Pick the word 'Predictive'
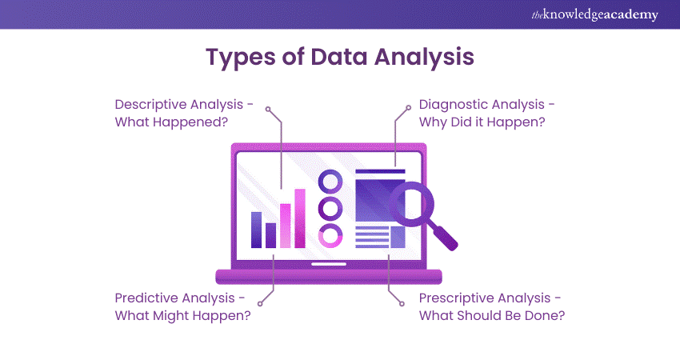coord(153,298)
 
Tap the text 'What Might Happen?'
coord(182,315)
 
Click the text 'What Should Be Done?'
coord(492,315)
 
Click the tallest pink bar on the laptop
coord(300,218)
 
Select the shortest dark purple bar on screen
coord(270,235)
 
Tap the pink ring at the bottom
coord(330,235)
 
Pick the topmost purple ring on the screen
coord(330,182)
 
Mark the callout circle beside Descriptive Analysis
coord(269,108)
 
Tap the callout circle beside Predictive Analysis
coord(262,302)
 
